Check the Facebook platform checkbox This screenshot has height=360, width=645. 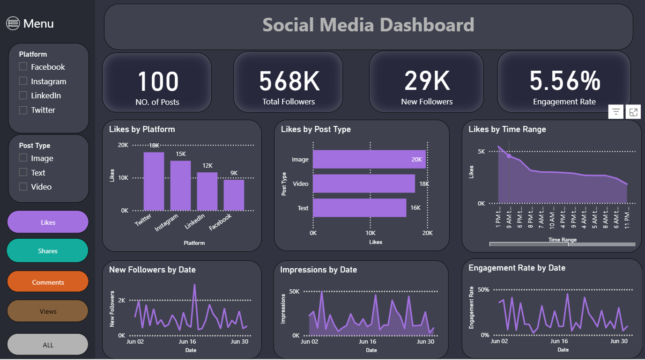pyautogui.click(x=23, y=67)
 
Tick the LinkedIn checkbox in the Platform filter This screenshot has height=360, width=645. pyautogui.click(x=23, y=96)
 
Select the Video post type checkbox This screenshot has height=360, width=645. pyautogui.click(x=23, y=187)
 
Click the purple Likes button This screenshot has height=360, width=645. pyautogui.click(x=48, y=222)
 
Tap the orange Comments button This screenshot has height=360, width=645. pyautogui.click(x=48, y=282)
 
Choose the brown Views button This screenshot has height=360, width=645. pyautogui.click(x=48, y=311)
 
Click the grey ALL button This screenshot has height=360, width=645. pyautogui.click(x=48, y=345)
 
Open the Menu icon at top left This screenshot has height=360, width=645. pyautogui.click(x=13, y=23)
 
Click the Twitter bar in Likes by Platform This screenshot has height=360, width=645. pyautogui.click(x=154, y=181)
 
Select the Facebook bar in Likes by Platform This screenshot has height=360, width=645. pyautogui.click(x=234, y=195)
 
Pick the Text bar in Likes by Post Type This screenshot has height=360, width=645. pyautogui.click(x=359, y=208)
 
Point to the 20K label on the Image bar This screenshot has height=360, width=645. pyautogui.click(x=416, y=160)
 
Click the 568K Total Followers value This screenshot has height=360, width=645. pyautogui.click(x=289, y=81)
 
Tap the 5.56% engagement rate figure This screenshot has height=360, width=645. pyautogui.click(x=564, y=81)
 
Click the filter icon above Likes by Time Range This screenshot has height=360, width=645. pyautogui.click(x=616, y=112)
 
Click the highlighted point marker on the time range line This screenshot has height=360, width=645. pyautogui.click(x=509, y=155)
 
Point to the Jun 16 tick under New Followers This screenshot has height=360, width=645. pyautogui.click(x=187, y=342)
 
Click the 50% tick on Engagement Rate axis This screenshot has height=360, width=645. pyautogui.click(x=483, y=290)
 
